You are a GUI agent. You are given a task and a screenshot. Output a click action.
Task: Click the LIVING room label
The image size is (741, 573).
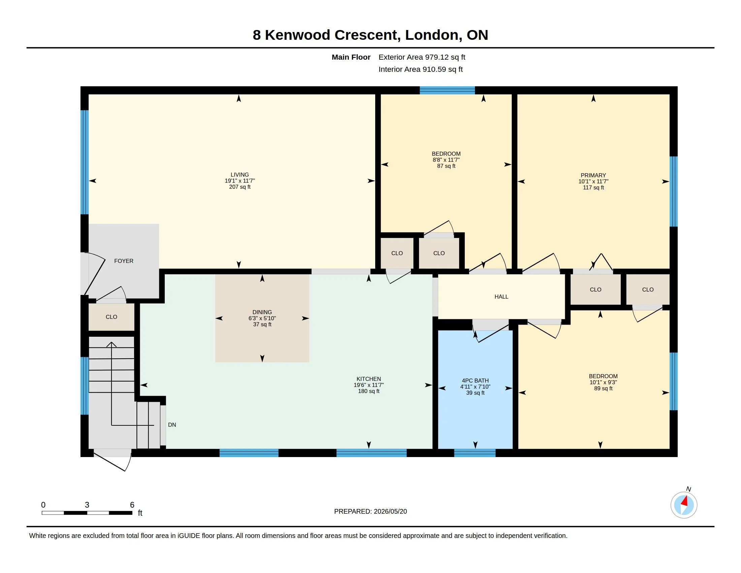point(239,175)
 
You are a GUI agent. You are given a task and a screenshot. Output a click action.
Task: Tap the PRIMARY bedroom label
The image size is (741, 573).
point(593,176)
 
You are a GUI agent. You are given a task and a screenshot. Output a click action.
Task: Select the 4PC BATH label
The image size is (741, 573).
point(475,381)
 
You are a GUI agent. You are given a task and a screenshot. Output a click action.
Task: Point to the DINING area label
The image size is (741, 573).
point(262,312)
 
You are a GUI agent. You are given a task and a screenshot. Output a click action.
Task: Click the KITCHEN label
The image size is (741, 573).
point(368,379)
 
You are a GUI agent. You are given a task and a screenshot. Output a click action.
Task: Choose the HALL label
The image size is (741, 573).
point(501,297)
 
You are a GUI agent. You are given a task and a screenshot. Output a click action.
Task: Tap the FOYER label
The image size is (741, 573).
point(124,261)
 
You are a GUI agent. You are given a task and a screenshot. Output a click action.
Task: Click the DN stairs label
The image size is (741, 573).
point(172,425)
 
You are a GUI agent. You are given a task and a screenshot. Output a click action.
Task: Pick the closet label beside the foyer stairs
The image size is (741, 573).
point(111,317)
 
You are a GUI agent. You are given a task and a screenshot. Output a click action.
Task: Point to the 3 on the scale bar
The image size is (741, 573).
point(87,505)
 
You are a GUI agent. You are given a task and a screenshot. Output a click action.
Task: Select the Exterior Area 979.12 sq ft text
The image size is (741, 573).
point(422,57)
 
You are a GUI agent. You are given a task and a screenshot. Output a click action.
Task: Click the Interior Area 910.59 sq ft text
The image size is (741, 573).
point(420,69)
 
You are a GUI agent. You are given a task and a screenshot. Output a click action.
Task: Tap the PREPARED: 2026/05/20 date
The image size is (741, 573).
point(370,511)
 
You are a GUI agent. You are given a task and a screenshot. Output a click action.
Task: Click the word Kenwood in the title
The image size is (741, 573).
point(297,35)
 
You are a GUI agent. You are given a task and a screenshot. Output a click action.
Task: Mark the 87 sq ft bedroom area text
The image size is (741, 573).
point(446,166)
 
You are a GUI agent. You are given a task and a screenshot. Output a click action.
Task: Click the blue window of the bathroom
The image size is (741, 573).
point(475,453)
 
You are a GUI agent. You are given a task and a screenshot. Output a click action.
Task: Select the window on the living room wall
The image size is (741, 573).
point(85,162)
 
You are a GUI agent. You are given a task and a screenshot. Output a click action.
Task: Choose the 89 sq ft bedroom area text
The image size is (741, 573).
point(603,388)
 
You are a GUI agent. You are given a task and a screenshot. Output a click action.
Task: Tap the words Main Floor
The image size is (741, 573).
point(351,57)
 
